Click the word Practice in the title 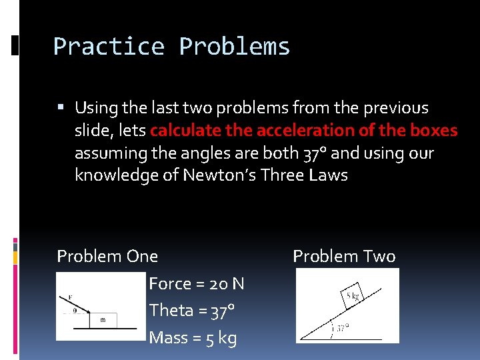point(108,47)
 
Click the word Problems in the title point(235,47)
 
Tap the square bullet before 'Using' point(61,107)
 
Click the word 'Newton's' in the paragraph point(220,176)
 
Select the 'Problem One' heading point(107,256)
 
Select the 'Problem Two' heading point(344,256)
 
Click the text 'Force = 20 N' point(197,284)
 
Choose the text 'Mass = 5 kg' point(193,338)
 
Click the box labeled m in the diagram point(103,320)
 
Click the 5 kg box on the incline point(351,295)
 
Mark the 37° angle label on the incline point(342,328)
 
